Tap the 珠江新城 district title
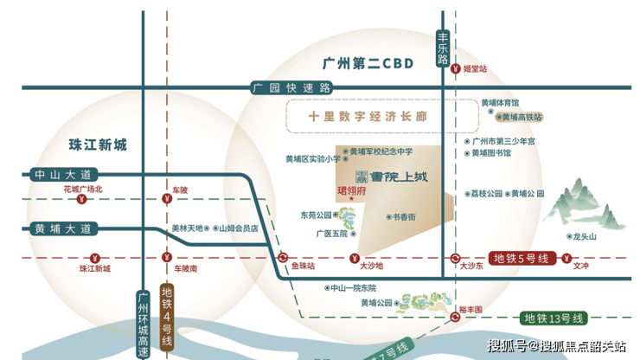click(98, 145)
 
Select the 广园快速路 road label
click(291, 87)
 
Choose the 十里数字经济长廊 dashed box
click(372, 115)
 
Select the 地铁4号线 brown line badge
click(167, 315)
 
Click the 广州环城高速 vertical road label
click(144, 323)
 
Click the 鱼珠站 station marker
click(283, 258)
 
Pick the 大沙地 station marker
click(354, 258)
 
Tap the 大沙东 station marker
click(454, 258)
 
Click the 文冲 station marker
click(565, 258)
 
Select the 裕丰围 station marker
click(454, 318)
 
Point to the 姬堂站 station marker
click(455, 68)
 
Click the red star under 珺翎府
click(352, 200)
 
